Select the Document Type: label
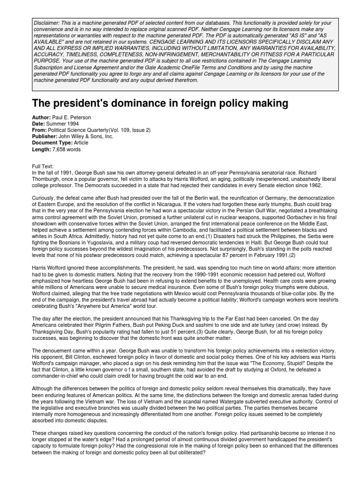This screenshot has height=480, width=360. click(52, 143)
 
